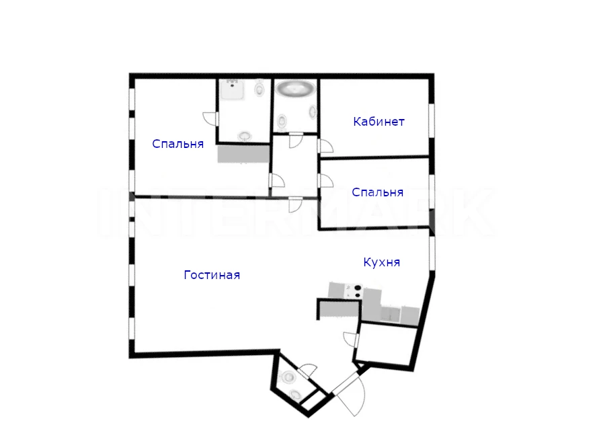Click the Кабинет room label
tap(379, 122)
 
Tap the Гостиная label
tap(212, 275)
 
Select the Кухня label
tap(381, 262)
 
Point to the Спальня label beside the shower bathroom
tap(177, 144)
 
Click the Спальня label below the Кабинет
tap(377, 192)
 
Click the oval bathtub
tap(296, 89)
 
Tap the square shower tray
tap(232, 89)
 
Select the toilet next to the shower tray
tap(260, 88)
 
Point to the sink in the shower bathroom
tap(245, 136)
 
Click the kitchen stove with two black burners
tap(354, 291)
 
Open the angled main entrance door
tap(349, 395)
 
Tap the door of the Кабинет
tap(325, 146)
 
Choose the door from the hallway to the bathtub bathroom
tap(296, 140)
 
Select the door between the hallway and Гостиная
tap(295, 205)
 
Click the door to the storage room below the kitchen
tap(351, 340)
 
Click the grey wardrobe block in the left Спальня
tap(243, 154)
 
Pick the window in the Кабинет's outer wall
tap(432, 120)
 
